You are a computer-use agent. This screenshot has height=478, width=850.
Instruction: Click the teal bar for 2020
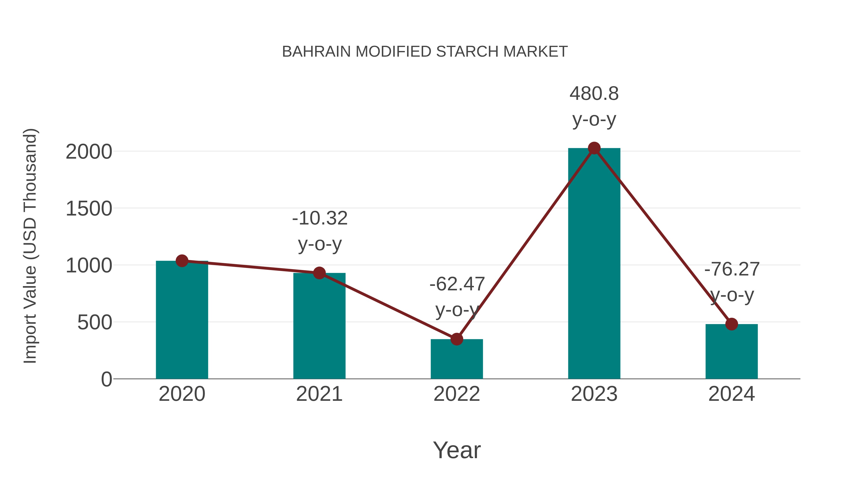[182, 320]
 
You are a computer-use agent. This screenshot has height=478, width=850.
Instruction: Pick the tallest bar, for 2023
[594, 264]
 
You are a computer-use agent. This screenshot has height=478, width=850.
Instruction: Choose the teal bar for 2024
[731, 351]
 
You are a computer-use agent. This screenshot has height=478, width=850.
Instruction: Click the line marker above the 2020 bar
[182, 261]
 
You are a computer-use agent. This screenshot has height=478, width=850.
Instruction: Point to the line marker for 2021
[319, 273]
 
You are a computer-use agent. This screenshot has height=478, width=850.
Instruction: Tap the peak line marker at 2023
[594, 148]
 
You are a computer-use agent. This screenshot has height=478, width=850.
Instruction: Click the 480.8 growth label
[594, 94]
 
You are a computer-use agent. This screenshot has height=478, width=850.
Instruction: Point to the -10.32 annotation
[320, 218]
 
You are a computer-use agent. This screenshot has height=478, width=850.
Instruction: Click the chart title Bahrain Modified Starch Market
[425, 52]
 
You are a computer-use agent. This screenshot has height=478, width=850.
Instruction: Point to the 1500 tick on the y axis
[89, 209]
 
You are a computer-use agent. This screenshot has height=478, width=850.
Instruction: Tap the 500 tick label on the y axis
[94, 322]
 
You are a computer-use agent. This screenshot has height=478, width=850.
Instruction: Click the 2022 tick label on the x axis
[456, 394]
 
